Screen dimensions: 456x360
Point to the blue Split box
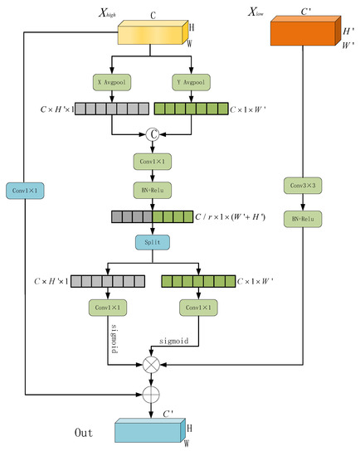(151, 241)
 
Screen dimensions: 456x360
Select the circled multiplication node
(151, 364)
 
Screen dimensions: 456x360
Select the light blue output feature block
(148, 430)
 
